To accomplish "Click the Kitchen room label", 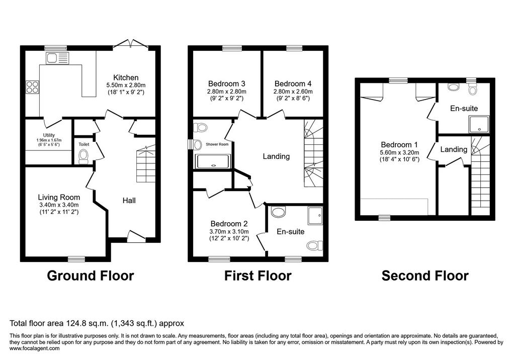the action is tap(126, 77).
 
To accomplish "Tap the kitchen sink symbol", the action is tap(57, 58).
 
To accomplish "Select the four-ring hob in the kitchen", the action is tap(32, 86).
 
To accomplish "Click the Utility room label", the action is tap(49, 135).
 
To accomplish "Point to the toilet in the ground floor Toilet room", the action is tap(84, 156).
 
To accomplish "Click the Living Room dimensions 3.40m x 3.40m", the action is tap(59, 205).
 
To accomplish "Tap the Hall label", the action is tap(129, 201).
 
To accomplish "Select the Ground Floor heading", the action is tap(91, 276).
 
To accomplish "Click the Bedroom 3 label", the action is tap(227, 84).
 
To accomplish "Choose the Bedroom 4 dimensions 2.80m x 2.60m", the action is tap(293, 92).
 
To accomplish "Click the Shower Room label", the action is tap(217, 144).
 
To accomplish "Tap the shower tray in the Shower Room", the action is tap(213, 161).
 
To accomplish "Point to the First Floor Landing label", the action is tap(276, 156).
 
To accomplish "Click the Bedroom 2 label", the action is tap(229, 224).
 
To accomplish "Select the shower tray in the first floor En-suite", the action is tap(315, 215).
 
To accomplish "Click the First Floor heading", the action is tap(258, 276).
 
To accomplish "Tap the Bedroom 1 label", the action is tap(399, 144).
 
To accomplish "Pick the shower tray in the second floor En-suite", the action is tap(479, 125).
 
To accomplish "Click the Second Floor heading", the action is tap(425, 276).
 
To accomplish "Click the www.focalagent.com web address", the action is tap(35, 348).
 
